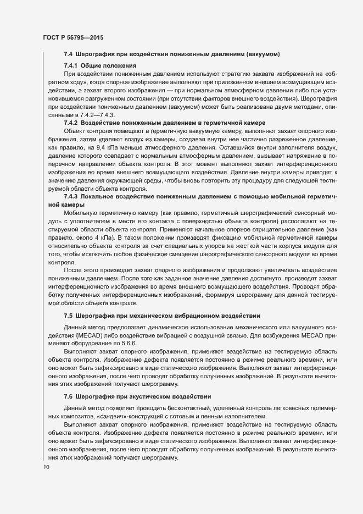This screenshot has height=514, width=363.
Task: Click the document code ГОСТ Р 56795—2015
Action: click(72, 37)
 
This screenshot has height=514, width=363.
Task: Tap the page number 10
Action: click(46, 467)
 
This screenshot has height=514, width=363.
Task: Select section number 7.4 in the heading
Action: click(69, 54)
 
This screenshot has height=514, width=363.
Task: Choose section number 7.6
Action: click(69, 397)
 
